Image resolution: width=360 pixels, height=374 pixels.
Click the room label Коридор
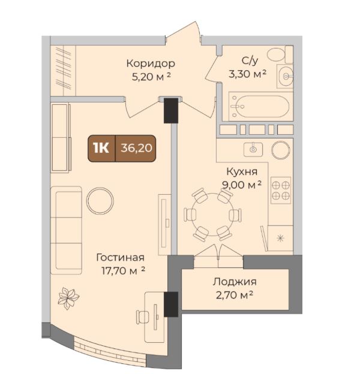tap(151, 64)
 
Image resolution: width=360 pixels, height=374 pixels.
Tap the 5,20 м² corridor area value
tap(151, 77)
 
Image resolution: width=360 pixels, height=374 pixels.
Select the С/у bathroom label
tap(250, 61)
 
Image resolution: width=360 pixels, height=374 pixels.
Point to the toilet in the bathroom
tap(280, 55)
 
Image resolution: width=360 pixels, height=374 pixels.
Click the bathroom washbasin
tap(286, 76)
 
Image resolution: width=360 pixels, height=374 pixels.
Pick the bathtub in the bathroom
tap(260, 107)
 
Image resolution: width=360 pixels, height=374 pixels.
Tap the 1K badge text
tap(101, 149)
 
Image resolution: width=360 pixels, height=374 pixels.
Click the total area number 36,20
tap(136, 148)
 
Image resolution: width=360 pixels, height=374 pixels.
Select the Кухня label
tap(242, 171)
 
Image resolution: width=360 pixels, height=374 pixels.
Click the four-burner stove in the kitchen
tap(281, 190)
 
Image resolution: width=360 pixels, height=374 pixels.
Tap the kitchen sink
tap(253, 149)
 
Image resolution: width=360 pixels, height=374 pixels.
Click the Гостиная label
tap(121, 258)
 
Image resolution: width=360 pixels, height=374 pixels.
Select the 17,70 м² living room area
tap(123, 271)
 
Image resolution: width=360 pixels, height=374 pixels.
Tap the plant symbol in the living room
tap(68, 298)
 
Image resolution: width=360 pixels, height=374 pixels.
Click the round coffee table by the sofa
tap(100, 201)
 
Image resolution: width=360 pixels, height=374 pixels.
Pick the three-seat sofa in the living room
tap(67, 230)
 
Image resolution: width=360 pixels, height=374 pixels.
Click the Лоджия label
tap(235, 282)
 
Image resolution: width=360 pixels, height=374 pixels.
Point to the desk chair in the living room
tap(142, 316)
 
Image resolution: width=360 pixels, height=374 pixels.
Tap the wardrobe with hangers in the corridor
tap(63, 71)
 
